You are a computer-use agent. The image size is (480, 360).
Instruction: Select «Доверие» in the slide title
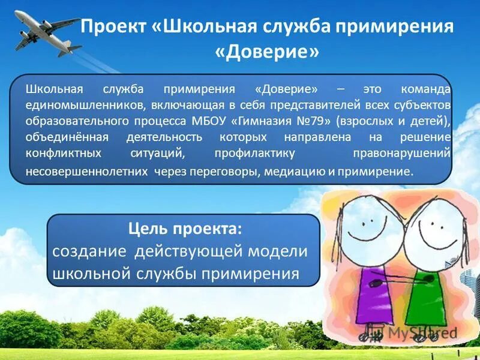click(x=266, y=53)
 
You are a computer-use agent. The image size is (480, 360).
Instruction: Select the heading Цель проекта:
click(x=185, y=229)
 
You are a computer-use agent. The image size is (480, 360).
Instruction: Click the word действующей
click(x=183, y=251)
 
